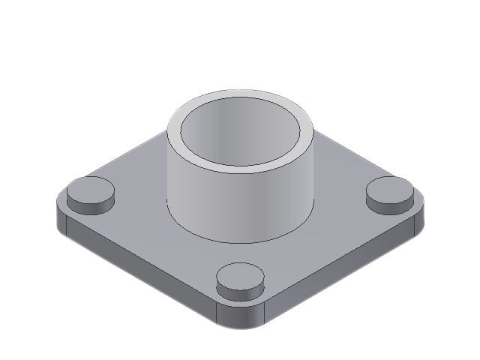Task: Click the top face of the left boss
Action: (x=90, y=187)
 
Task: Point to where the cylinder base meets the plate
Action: (x=240, y=241)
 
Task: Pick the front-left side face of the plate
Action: (x=142, y=270)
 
